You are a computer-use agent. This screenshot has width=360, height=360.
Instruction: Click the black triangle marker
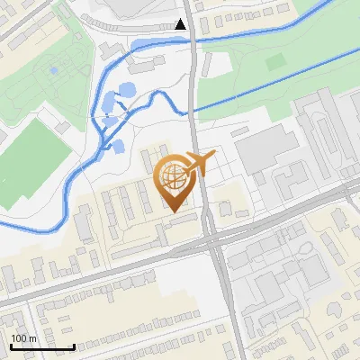click(x=181, y=24)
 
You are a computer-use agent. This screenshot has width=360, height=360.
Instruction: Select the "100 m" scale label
click(x=24, y=338)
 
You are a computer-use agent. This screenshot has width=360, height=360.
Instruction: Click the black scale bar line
click(x=42, y=346)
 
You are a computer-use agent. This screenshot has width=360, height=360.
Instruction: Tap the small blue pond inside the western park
click(x=53, y=69)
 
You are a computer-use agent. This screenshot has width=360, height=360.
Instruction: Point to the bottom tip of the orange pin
click(x=173, y=211)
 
